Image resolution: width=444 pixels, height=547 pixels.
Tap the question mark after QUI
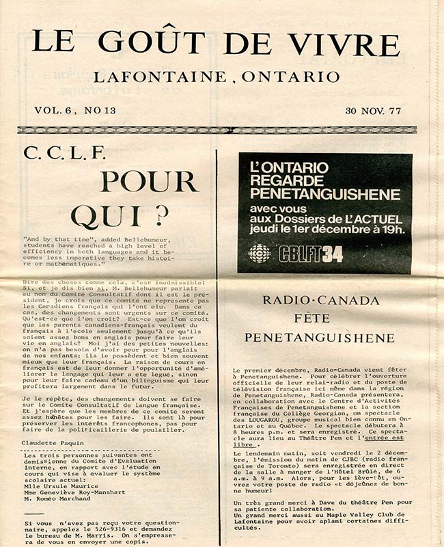click(161, 216)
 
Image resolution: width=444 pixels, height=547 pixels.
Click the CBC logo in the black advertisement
click(259, 254)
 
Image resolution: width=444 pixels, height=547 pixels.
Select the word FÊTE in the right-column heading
click(320, 319)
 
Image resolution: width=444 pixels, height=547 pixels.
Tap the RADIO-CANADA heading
click(320, 300)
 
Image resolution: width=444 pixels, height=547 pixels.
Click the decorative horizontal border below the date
click(222, 129)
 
